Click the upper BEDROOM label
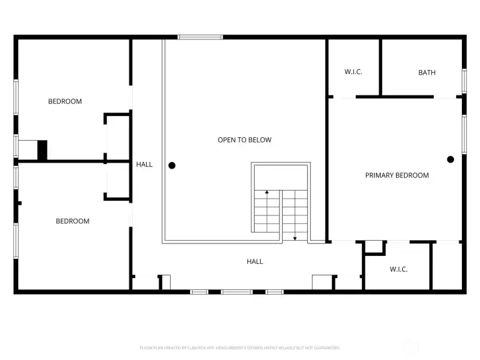(65, 101)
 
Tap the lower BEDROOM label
(72, 221)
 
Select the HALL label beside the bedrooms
(144, 164)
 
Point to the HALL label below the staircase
(255, 261)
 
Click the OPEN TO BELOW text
(245, 140)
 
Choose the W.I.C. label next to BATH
(353, 72)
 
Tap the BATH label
(427, 72)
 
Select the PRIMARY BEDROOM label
(397, 175)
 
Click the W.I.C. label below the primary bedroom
(399, 269)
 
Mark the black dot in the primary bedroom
(451, 159)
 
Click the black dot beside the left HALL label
(172, 165)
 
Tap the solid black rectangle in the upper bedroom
(43, 150)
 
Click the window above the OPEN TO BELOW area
(200, 37)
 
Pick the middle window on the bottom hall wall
(237, 291)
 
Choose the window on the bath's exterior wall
(464, 80)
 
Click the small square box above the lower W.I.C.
(375, 247)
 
